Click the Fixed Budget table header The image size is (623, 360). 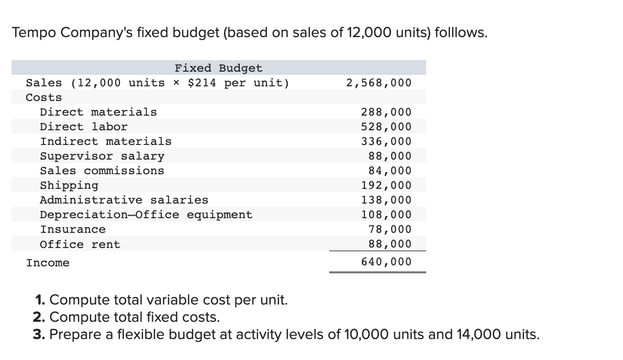[x=218, y=68]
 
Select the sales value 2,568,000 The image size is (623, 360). [x=379, y=83]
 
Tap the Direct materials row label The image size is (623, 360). [x=98, y=112]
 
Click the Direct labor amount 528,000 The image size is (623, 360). [x=386, y=127]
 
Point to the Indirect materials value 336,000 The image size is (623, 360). [x=386, y=141]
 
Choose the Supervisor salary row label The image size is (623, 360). [x=102, y=156]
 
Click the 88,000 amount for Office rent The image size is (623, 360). [x=390, y=244]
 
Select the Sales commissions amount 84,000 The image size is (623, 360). [x=390, y=171]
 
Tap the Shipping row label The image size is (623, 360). [x=69, y=185]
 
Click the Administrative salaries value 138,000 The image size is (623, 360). [x=386, y=200]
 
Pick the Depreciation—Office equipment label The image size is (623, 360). [x=146, y=215]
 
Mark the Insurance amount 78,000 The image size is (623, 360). [x=390, y=229]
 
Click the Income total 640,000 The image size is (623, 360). [x=386, y=262]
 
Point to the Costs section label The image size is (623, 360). [x=44, y=97]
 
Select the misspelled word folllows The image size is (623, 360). [x=461, y=33]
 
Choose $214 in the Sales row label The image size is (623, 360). [x=202, y=83]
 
